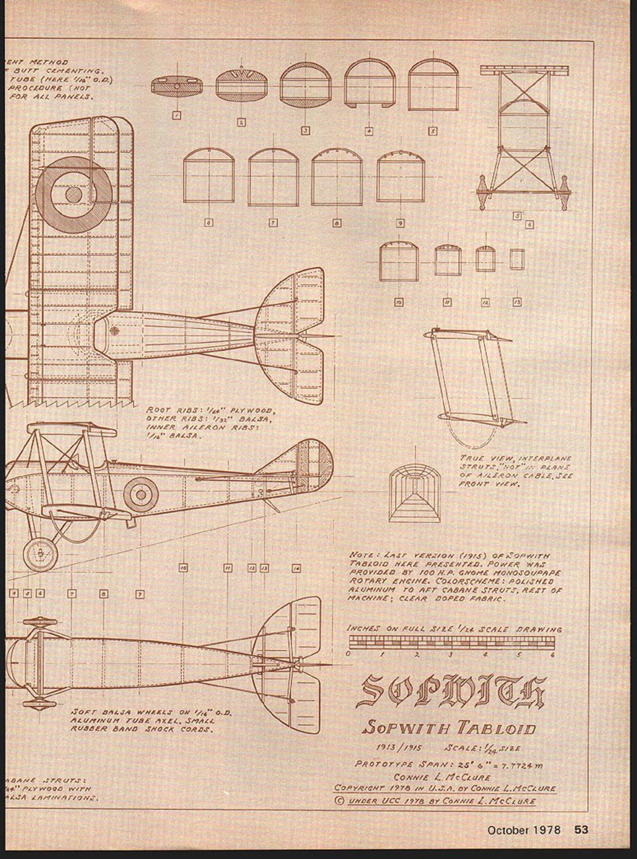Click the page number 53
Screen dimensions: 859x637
click(x=582, y=829)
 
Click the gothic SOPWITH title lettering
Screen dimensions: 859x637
click(x=451, y=691)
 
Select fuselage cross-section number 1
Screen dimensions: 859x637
click(x=176, y=86)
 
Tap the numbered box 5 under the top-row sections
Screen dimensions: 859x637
click(x=433, y=131)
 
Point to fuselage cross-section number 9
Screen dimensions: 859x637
click(x=400, y=177)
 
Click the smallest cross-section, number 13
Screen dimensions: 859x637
click(x=517, y=260)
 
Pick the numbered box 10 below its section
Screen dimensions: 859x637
click(x=399, y=302)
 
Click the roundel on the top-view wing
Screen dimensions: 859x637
click(x=73, y=194)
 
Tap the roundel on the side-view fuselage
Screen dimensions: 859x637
click(x=141, y=495)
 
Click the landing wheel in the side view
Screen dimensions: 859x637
click(x=40, y=554)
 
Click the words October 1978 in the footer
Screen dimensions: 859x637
click(x=524, y=829)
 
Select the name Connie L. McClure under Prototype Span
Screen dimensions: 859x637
click(x=442, y=777)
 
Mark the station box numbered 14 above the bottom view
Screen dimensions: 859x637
click(x=296, y=568)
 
